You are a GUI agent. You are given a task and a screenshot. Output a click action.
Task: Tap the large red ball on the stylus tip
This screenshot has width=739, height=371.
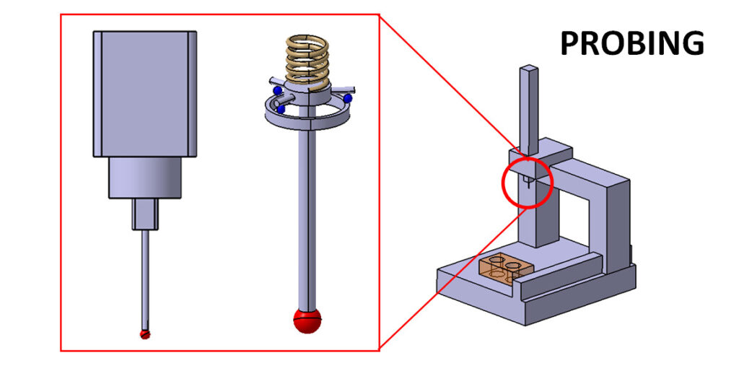307,320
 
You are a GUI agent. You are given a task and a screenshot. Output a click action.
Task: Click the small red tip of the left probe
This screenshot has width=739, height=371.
145,333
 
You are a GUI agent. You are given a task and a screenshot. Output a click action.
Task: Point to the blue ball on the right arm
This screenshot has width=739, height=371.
347,97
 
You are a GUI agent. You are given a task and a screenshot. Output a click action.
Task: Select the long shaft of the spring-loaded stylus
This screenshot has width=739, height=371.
307,217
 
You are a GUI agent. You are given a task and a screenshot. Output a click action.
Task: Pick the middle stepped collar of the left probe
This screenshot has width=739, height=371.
144,178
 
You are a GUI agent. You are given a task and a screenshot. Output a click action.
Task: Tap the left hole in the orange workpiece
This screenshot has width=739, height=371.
496,261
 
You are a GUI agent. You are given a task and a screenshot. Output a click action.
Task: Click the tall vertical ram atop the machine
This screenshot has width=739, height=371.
528,108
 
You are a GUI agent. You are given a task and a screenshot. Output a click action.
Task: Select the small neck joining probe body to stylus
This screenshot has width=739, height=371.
144,214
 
